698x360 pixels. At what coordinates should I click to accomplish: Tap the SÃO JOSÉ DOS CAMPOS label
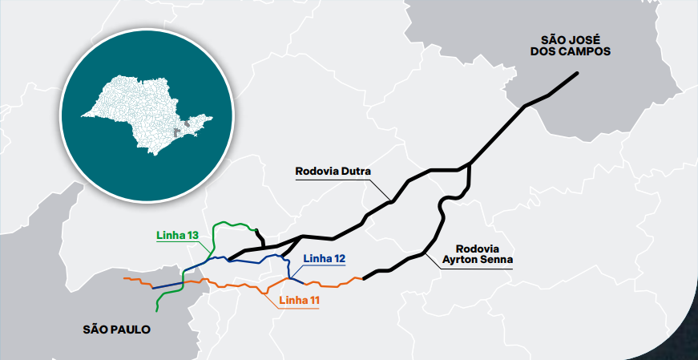tap(576, 45)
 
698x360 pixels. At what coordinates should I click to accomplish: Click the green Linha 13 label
tap(176, 235)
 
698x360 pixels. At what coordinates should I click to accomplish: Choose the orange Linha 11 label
tap(299, 301)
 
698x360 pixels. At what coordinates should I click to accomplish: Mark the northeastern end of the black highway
tap(578, 74)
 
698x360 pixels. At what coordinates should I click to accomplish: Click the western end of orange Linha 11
tap(124, 278)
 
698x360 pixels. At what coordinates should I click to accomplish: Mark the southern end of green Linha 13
tap(156, 310)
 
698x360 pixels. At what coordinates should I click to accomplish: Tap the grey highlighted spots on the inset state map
tap(188, 125)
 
